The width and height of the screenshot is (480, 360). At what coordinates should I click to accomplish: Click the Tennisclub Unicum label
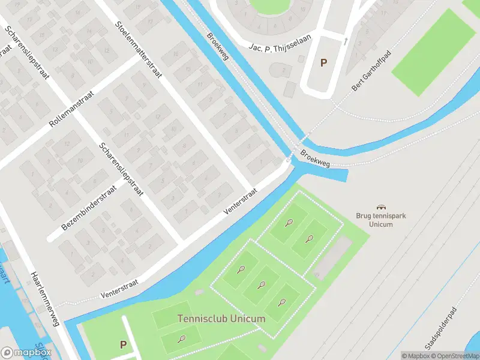221,319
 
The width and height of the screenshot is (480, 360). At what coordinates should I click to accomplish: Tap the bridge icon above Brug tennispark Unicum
380,207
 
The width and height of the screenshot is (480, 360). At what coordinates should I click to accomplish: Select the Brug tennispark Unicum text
379,220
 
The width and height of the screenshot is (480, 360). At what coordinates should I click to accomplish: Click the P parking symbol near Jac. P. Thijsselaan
324,62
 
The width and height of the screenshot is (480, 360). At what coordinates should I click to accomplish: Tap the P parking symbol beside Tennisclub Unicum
123,344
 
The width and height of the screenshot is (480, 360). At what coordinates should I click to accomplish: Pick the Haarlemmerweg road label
44,299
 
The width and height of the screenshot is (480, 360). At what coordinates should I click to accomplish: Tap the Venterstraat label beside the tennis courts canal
241,201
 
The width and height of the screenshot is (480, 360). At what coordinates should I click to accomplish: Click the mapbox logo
26,353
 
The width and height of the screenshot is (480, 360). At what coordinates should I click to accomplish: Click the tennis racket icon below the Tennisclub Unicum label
181,339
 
